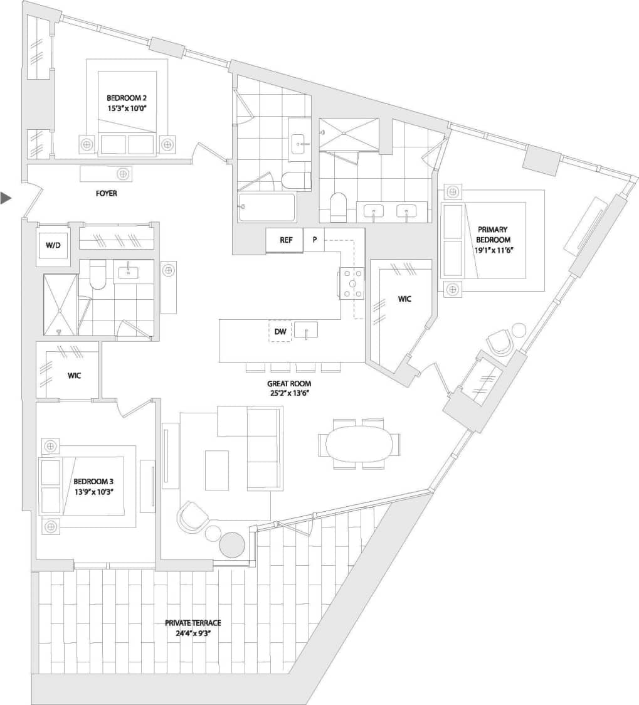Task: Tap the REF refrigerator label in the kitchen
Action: pyautogui.click(x=286, y=240)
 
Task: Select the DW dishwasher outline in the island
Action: pyautogui.click(x=280, y=331)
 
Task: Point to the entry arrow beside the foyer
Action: pyautogui.click(x=6, y=198)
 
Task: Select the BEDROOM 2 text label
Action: pyautogui.click(x=127, y=98)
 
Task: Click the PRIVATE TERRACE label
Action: pyautogui.click(x=193, y=623)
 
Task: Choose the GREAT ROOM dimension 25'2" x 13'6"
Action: pyautogui.click(x=288, y=393)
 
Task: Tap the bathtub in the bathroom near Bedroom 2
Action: pyautogui.click(x=267, y=207)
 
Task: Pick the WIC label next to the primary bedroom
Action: pyautogui.click(x=404, y=299)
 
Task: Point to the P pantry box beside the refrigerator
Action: pyautogui.click(x=314, y=240)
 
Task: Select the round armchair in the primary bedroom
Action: pyautogui.click(x=500, y=342)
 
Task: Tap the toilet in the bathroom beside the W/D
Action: pyautogui.click(x=98, y=277)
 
